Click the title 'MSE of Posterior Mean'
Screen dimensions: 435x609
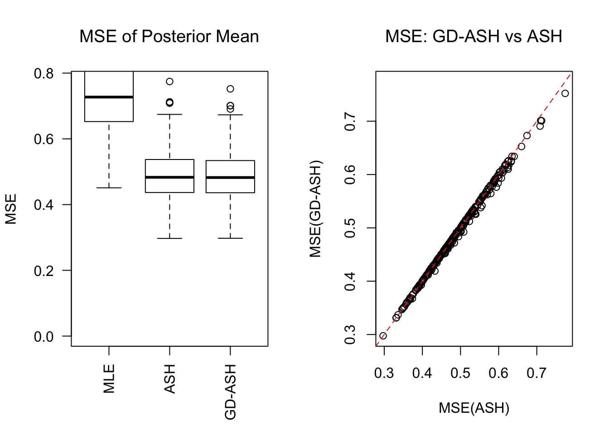(x=169, y=36)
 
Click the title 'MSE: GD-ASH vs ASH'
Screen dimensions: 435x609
(x=474, y=36)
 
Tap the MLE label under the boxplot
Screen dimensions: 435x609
(x=109, y=378)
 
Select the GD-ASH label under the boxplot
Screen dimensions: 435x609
(x=231, y=392)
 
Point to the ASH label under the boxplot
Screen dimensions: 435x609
(x=170, y=379)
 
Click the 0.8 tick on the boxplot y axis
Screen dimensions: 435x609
(x=43, y=73)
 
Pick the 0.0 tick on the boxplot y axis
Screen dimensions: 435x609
(x=43, y=336)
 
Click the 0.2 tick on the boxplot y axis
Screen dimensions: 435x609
(x=43, y=271)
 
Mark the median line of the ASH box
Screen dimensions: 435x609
(x=169, y=177)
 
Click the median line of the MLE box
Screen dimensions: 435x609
(x=109, y=97)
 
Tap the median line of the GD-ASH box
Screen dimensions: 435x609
(x=230, y=178)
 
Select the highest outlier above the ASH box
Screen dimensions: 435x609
(x=169, y=82)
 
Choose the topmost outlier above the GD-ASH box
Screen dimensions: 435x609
(x=230, y=89)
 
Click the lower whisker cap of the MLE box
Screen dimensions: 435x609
(x=109, y=188)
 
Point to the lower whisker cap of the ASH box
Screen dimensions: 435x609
(x=169, y=238)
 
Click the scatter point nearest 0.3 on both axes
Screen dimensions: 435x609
(x=383, y=336)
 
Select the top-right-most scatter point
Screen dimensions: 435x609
(x=565, y=93)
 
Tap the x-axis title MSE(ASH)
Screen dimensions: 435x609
(x=474, y=408)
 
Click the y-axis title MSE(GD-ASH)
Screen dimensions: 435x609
(x=315, y=209)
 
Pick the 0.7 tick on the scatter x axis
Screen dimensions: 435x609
(x=536, y=373)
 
